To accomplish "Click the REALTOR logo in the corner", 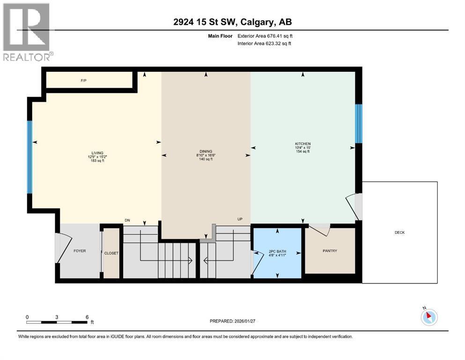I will [27, 31].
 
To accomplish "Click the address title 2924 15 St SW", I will [232, 22].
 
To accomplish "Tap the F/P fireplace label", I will [83, 81].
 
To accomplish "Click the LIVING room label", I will [97, 152].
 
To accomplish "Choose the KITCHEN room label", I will [303, 143].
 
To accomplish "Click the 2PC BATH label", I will [277, 252].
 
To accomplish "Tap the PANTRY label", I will [329, 251].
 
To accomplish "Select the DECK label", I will [399, 232].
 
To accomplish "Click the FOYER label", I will [80, 251].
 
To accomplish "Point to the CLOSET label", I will [111, 253].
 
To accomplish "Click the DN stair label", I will [127, 220].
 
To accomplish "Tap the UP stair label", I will [240, 219].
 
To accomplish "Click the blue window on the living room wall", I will [30, 157].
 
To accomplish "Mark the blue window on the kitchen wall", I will [359, 123].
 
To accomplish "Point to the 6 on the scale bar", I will [87, 317].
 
